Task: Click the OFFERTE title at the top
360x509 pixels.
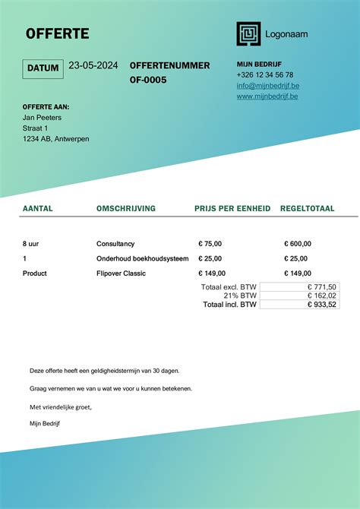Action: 58,33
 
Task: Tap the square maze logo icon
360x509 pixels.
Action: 248,33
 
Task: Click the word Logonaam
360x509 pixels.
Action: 286,34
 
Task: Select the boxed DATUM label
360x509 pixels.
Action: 43,68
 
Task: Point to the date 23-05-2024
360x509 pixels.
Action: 93,66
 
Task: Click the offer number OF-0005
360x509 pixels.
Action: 148,80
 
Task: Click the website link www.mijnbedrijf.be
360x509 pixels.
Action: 267,96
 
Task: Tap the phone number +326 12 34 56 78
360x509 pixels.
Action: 265,75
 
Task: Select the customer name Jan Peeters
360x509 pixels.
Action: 42,118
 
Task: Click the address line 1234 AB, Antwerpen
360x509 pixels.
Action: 56,139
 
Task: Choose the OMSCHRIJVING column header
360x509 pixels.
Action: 126,208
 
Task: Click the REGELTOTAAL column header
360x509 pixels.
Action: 308,208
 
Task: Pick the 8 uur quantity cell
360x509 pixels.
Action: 30,244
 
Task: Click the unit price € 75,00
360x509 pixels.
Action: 210,244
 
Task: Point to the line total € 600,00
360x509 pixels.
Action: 298,244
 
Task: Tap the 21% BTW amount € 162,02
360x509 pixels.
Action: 322,296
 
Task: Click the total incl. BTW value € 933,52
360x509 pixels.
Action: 322,305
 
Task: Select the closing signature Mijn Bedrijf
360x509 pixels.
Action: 45,423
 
